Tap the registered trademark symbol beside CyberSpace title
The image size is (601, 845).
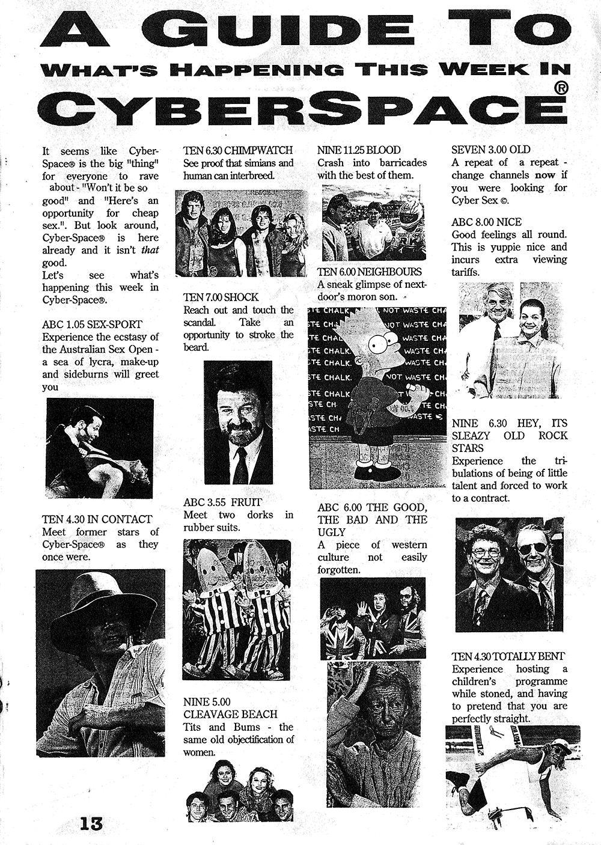pyautogui.click(x=559, y=88)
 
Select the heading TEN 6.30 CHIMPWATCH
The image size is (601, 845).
pyautogui.click(x=237, y=150)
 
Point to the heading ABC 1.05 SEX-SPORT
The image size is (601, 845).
pyautogui.click(x=92, y=325)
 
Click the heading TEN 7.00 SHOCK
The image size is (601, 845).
pyautogui.click(x=221, y=297)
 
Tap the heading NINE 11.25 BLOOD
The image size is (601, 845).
pyautogui.click(x=358, y=150)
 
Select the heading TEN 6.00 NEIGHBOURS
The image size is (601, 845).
pyautogui.click(x=370, y=272)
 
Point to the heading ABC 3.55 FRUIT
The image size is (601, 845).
pyautogui.click(x=222, y=502)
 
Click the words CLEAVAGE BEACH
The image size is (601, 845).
pyautogui.click(x=230, y=715)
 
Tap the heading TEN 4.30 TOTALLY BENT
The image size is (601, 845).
pyautogui.click(x=508, y=656)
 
